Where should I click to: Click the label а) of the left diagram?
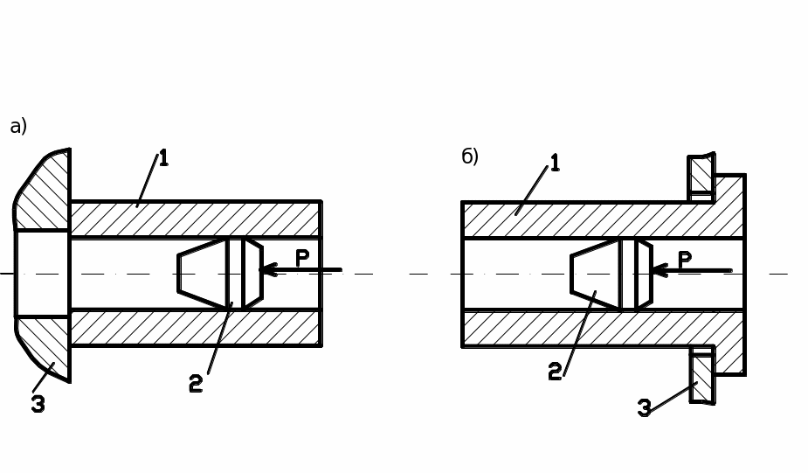(18, 127)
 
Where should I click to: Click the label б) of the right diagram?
(470, 157)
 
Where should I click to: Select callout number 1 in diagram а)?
(163, 158)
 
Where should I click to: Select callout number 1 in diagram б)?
(555, 163)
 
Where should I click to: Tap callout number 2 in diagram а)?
(196, 383)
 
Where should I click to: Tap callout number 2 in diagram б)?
(555, 372)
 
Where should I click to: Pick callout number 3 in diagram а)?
(38, 404)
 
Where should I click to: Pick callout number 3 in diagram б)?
(645, 408)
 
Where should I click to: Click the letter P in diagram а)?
(302, 258)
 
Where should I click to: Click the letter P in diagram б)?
(685, 260)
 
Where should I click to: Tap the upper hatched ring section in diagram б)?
(701, 174)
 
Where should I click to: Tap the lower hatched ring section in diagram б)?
(702, 378)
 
